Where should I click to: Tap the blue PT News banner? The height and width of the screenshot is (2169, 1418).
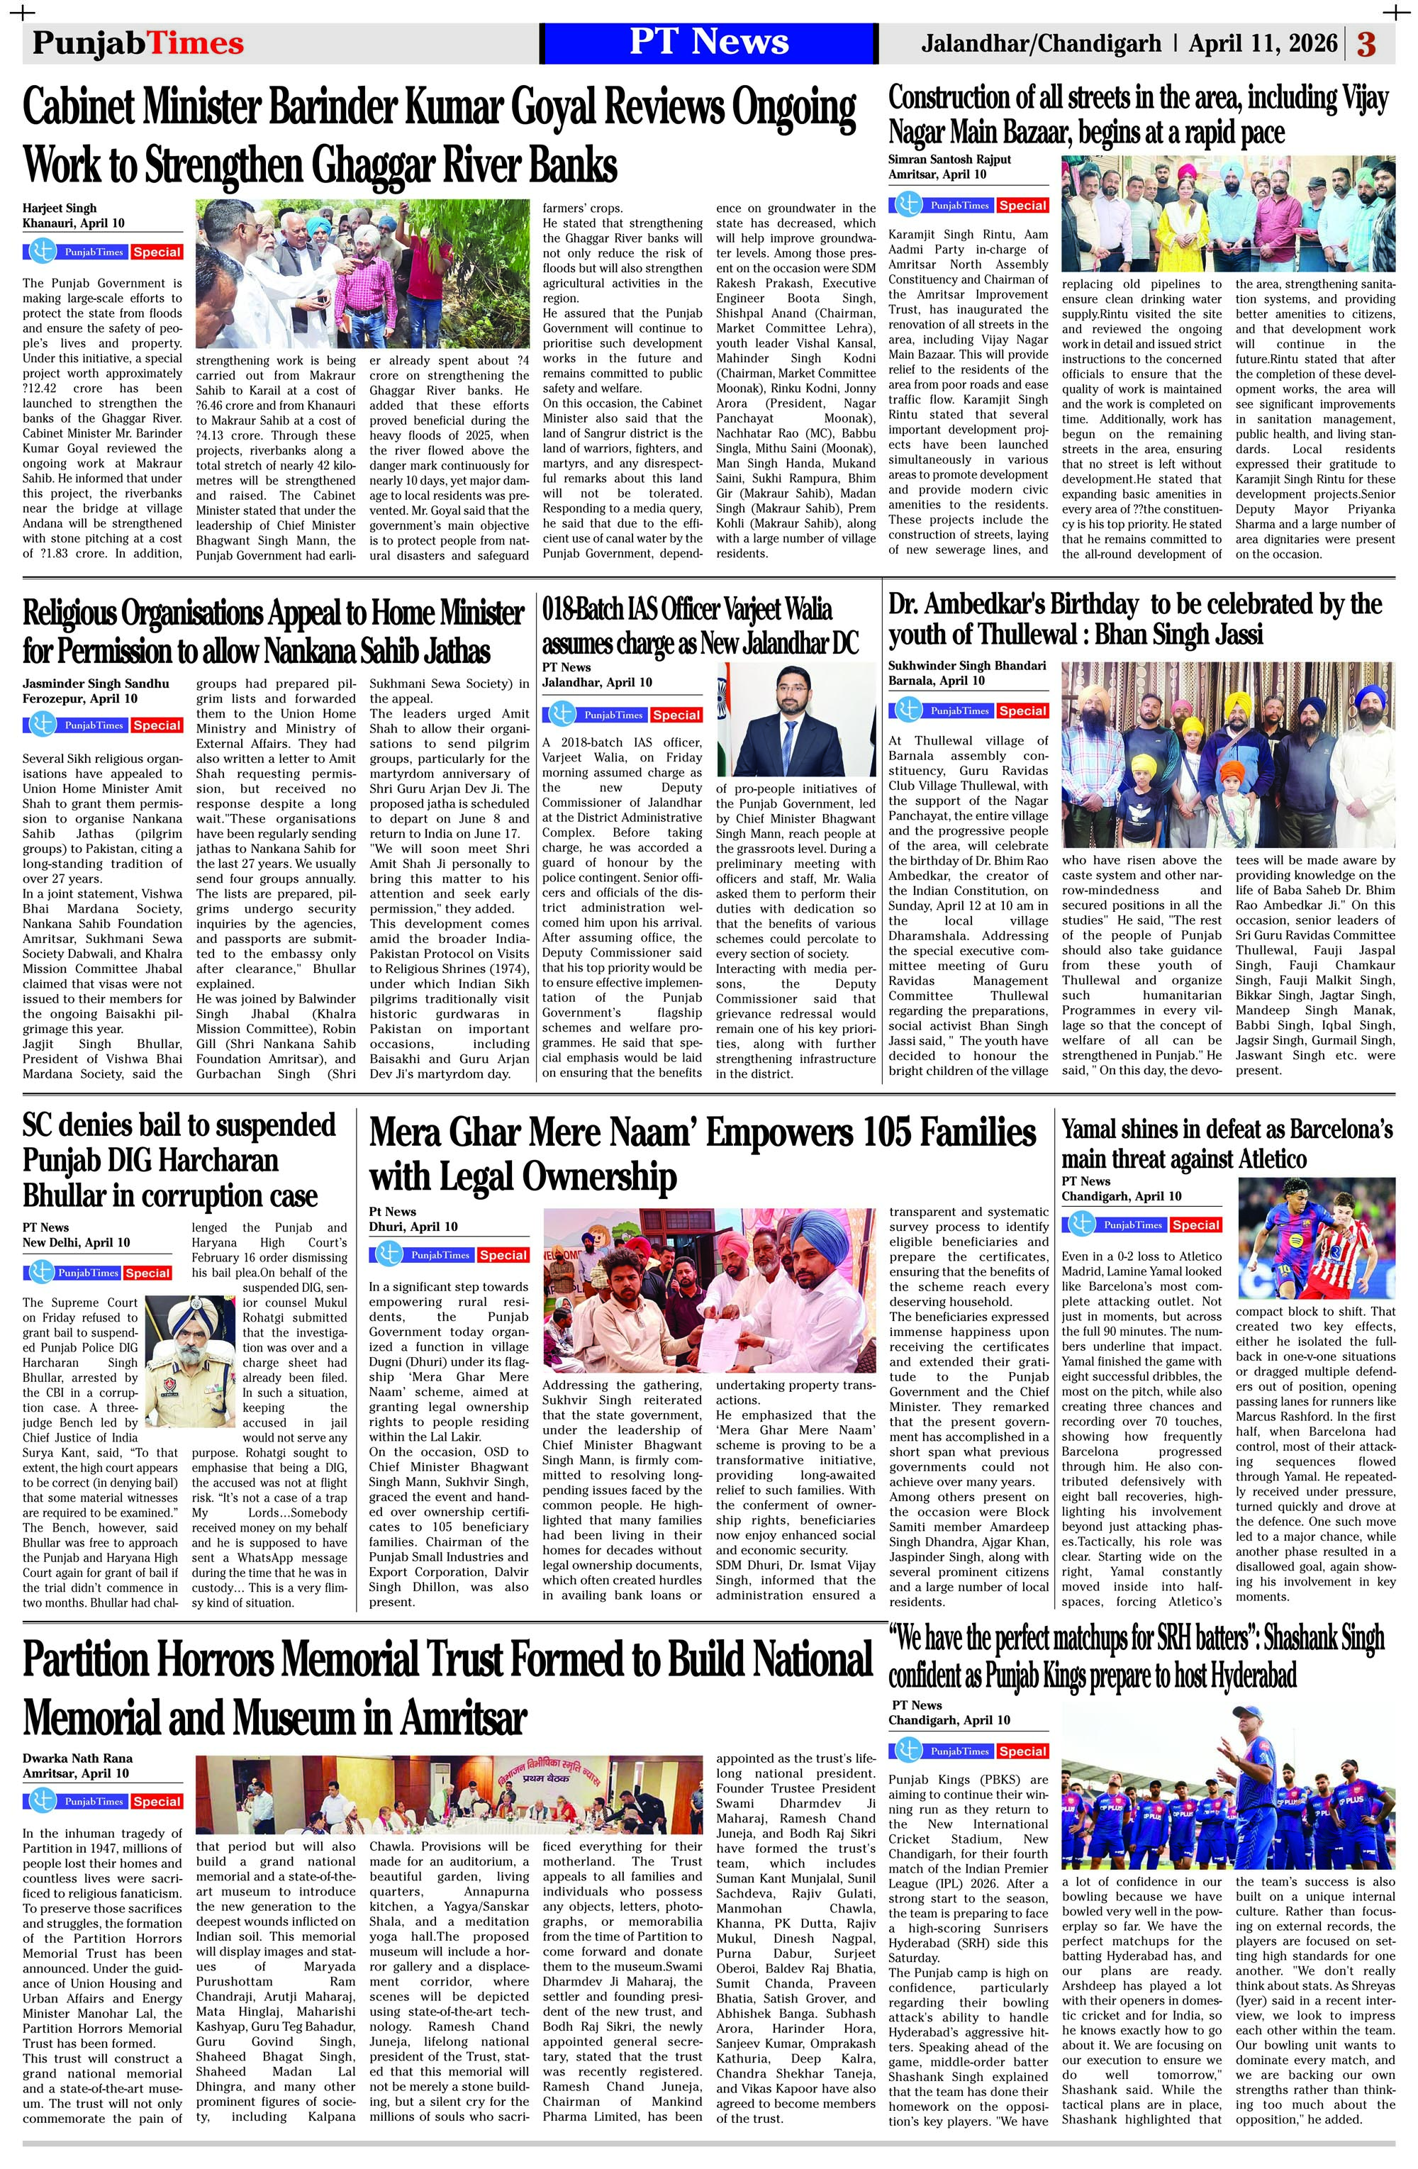(x=708, y=43)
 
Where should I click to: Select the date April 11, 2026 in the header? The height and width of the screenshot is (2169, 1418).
(x=1263, y=43)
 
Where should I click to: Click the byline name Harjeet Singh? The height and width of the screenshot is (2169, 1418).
(x=60, y=208)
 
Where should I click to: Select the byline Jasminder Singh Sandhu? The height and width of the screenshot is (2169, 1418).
(x=96, y=683)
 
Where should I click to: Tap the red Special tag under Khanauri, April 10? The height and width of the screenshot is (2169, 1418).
(x=157, y=252)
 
